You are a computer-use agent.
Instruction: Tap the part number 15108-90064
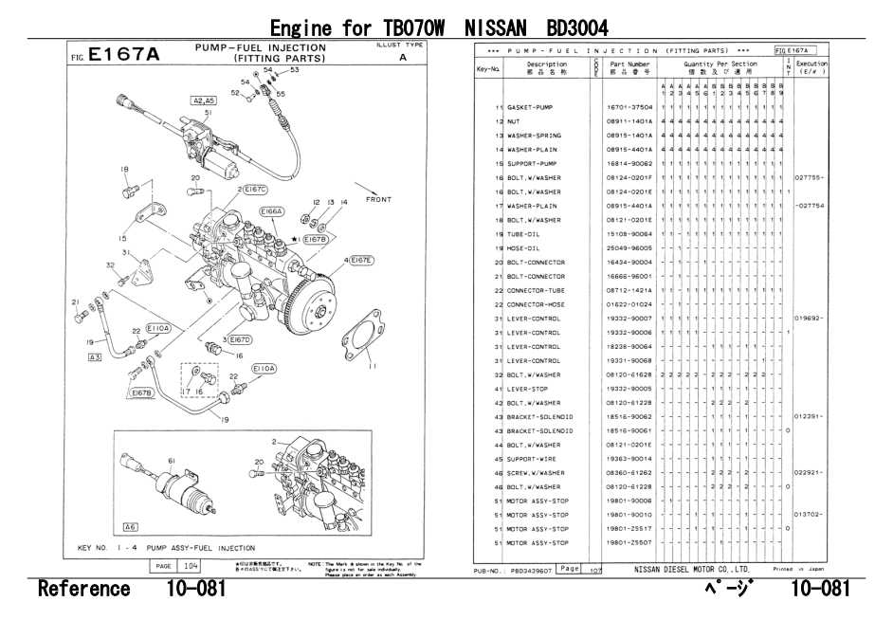coord(629,234)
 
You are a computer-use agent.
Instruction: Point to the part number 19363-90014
coord(629,459)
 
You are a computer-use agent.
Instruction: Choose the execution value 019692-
coord(811,319)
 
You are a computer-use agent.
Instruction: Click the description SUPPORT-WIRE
coord(531,459)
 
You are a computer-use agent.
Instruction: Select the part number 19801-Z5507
coord(629,543)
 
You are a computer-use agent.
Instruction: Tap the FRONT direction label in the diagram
coord(378,200)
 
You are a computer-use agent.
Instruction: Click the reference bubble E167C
coord(255,190)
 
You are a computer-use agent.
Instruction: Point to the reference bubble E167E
coord(361,260)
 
